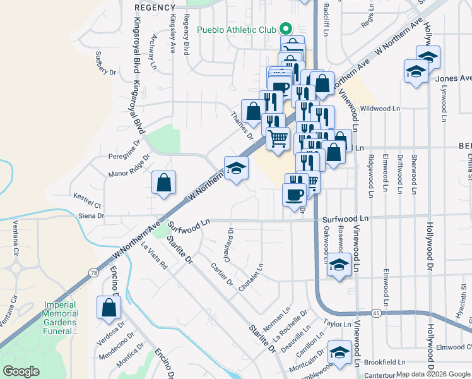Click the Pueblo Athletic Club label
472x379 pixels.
point(237,30)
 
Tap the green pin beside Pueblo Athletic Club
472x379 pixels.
point(285,29)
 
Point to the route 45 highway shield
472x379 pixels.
point(375,313)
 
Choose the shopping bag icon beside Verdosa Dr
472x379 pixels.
point(109,308)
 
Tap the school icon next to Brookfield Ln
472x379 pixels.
point(339,353)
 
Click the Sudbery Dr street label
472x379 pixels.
point(107,63)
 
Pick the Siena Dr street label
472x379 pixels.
point(91,216)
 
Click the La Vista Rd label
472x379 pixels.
point(154,256)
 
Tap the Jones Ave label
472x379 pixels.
point(453,78)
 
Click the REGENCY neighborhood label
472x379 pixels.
point(155,7)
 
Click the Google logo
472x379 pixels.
point(21,371)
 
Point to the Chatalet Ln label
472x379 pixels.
point(251,277)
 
